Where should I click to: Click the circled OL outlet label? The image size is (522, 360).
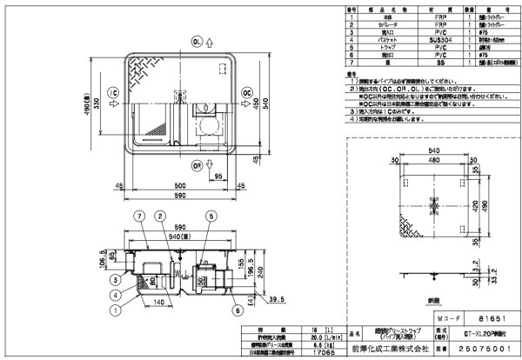[197, 40]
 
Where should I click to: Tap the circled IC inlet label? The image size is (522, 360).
[113, 92]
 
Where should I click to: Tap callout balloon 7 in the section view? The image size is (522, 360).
[137, 215]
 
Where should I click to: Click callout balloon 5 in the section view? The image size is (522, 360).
[211, 215]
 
